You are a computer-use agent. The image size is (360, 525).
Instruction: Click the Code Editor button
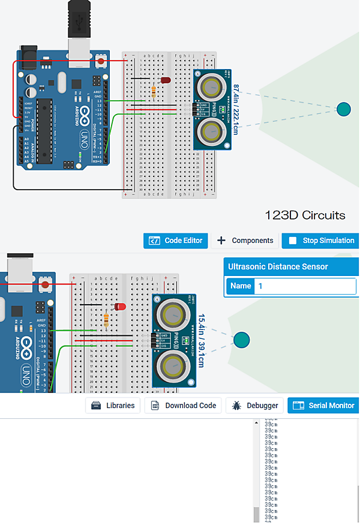176,241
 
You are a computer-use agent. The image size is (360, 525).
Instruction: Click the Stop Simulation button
321,241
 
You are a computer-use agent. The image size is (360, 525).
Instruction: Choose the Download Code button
184,406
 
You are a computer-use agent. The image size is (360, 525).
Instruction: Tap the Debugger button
254,406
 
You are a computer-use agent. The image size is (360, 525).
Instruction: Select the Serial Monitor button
323,406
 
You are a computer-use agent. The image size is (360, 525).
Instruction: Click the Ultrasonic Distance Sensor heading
278,266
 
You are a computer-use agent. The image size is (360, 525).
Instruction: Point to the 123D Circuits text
305,215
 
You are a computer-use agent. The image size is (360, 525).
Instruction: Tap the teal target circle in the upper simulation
343,109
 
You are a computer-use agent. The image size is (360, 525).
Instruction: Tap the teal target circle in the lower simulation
242,340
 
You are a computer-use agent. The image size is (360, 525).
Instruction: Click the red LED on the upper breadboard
165,80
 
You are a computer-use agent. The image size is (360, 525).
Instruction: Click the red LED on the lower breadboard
120,307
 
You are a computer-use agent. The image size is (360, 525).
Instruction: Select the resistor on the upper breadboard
155,91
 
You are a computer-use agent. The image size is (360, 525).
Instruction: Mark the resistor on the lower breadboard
107,320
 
